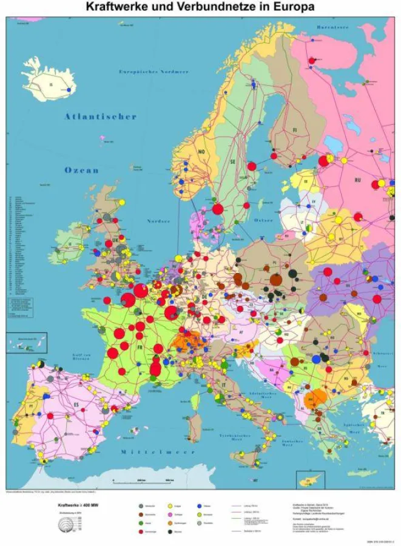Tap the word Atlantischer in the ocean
(x=101, y=116)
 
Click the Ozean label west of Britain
(x=81, y=170)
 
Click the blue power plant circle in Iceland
(x=70, y=90)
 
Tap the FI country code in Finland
(x=295, y=129)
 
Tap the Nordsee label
(x=160, y=221)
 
